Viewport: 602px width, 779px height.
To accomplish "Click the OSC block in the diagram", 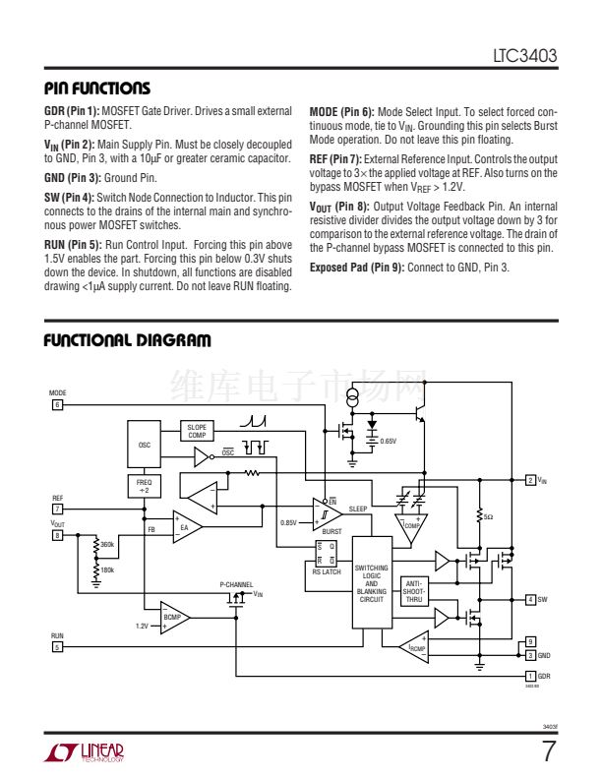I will coord(145,445).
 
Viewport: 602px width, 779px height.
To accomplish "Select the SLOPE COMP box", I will coord(197,431).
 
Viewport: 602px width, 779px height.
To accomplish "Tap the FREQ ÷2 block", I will coord(145,486).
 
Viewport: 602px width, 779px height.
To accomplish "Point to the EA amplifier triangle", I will coord(186,528).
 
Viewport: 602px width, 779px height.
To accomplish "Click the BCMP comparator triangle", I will coord(174,617).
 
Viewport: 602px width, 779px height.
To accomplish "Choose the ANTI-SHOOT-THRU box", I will coord(414,591).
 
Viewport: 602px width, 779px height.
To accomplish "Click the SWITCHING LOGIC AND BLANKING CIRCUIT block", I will coord(371,583).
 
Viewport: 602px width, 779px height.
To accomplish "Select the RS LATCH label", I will coord(326,571).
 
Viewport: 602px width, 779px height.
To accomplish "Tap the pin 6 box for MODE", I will coord(57,404).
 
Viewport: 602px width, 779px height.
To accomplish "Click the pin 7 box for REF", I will coord(57,509).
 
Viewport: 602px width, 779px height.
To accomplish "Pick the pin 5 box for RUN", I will coord(57,647).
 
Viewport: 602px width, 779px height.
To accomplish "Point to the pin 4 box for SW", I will coord(530,599).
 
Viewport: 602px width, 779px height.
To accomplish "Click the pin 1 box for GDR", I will coord(530,676).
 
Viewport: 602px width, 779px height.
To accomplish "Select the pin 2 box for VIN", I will coord(530,480).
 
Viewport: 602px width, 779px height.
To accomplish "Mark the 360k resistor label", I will coord(107,544).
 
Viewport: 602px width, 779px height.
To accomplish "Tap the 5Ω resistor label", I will coord(488,515).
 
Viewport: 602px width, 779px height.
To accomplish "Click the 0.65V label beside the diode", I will coord(389,442).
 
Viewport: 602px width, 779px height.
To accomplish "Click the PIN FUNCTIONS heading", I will coord(97,89).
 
